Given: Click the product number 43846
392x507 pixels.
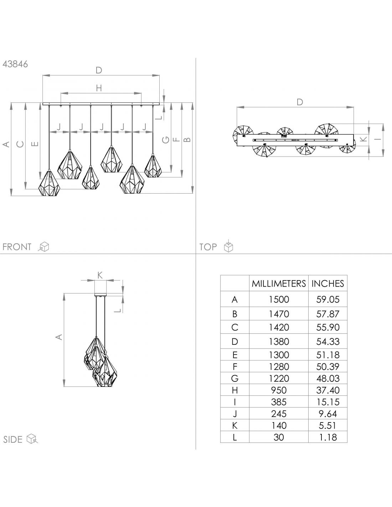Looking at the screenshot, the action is coord(15,64).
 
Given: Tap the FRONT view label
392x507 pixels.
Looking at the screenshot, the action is coord(17,247).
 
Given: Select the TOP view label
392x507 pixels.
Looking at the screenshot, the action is coord(208,247).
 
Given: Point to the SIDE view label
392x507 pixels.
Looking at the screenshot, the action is coord(12,440).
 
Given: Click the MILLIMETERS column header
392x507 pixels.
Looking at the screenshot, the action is coord(279,283).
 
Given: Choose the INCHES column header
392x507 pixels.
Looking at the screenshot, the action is coord(327,283).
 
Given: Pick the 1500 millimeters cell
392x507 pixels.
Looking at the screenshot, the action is coord(279,299).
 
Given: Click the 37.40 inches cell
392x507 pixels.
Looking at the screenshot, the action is coord(327,390).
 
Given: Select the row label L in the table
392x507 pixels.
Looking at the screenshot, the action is coord(234,437).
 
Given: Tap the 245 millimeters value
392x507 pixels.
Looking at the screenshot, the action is coord(279,414).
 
